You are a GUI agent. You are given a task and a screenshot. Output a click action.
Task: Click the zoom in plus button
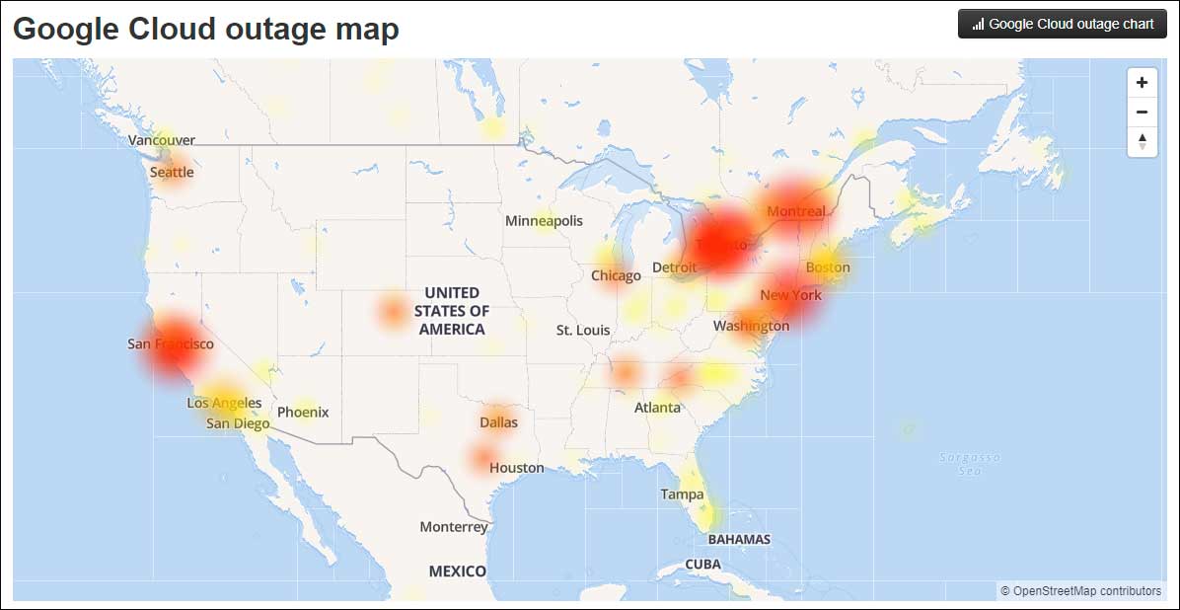tap(1142, 83)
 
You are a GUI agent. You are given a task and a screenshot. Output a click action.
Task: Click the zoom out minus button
tap(1142, 113)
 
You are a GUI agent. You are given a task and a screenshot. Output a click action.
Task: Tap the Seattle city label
tap(172, 173)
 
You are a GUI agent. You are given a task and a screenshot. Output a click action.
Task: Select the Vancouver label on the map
tap(162, 140)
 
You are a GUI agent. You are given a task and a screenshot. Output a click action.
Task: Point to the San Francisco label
tap(171, 343)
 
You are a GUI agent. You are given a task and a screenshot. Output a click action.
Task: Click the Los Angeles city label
tap(224, 403)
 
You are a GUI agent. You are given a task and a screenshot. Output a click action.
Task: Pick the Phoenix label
tap(303, 412)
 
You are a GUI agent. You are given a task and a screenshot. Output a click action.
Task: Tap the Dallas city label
tap(498, 421)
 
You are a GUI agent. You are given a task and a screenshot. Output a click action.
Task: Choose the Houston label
tap(517, 467)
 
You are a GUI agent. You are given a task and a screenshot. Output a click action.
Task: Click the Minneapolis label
tap(544, 221)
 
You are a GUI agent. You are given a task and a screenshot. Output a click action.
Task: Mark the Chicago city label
tap(616, 275)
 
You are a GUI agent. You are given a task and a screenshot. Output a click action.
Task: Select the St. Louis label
tap(583, 330)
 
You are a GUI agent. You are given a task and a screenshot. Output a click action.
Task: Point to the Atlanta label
tap(657, 407)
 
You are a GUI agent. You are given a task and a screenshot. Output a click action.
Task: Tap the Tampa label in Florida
tap(683, 494)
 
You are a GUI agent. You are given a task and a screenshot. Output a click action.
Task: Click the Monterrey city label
tap(454, 526)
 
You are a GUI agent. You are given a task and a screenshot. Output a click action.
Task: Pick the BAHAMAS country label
tap(739, 539)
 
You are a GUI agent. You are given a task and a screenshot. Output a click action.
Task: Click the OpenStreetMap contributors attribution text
tap(1080, 591)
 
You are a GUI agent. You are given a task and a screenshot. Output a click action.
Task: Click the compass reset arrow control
tap(1142, 142)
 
